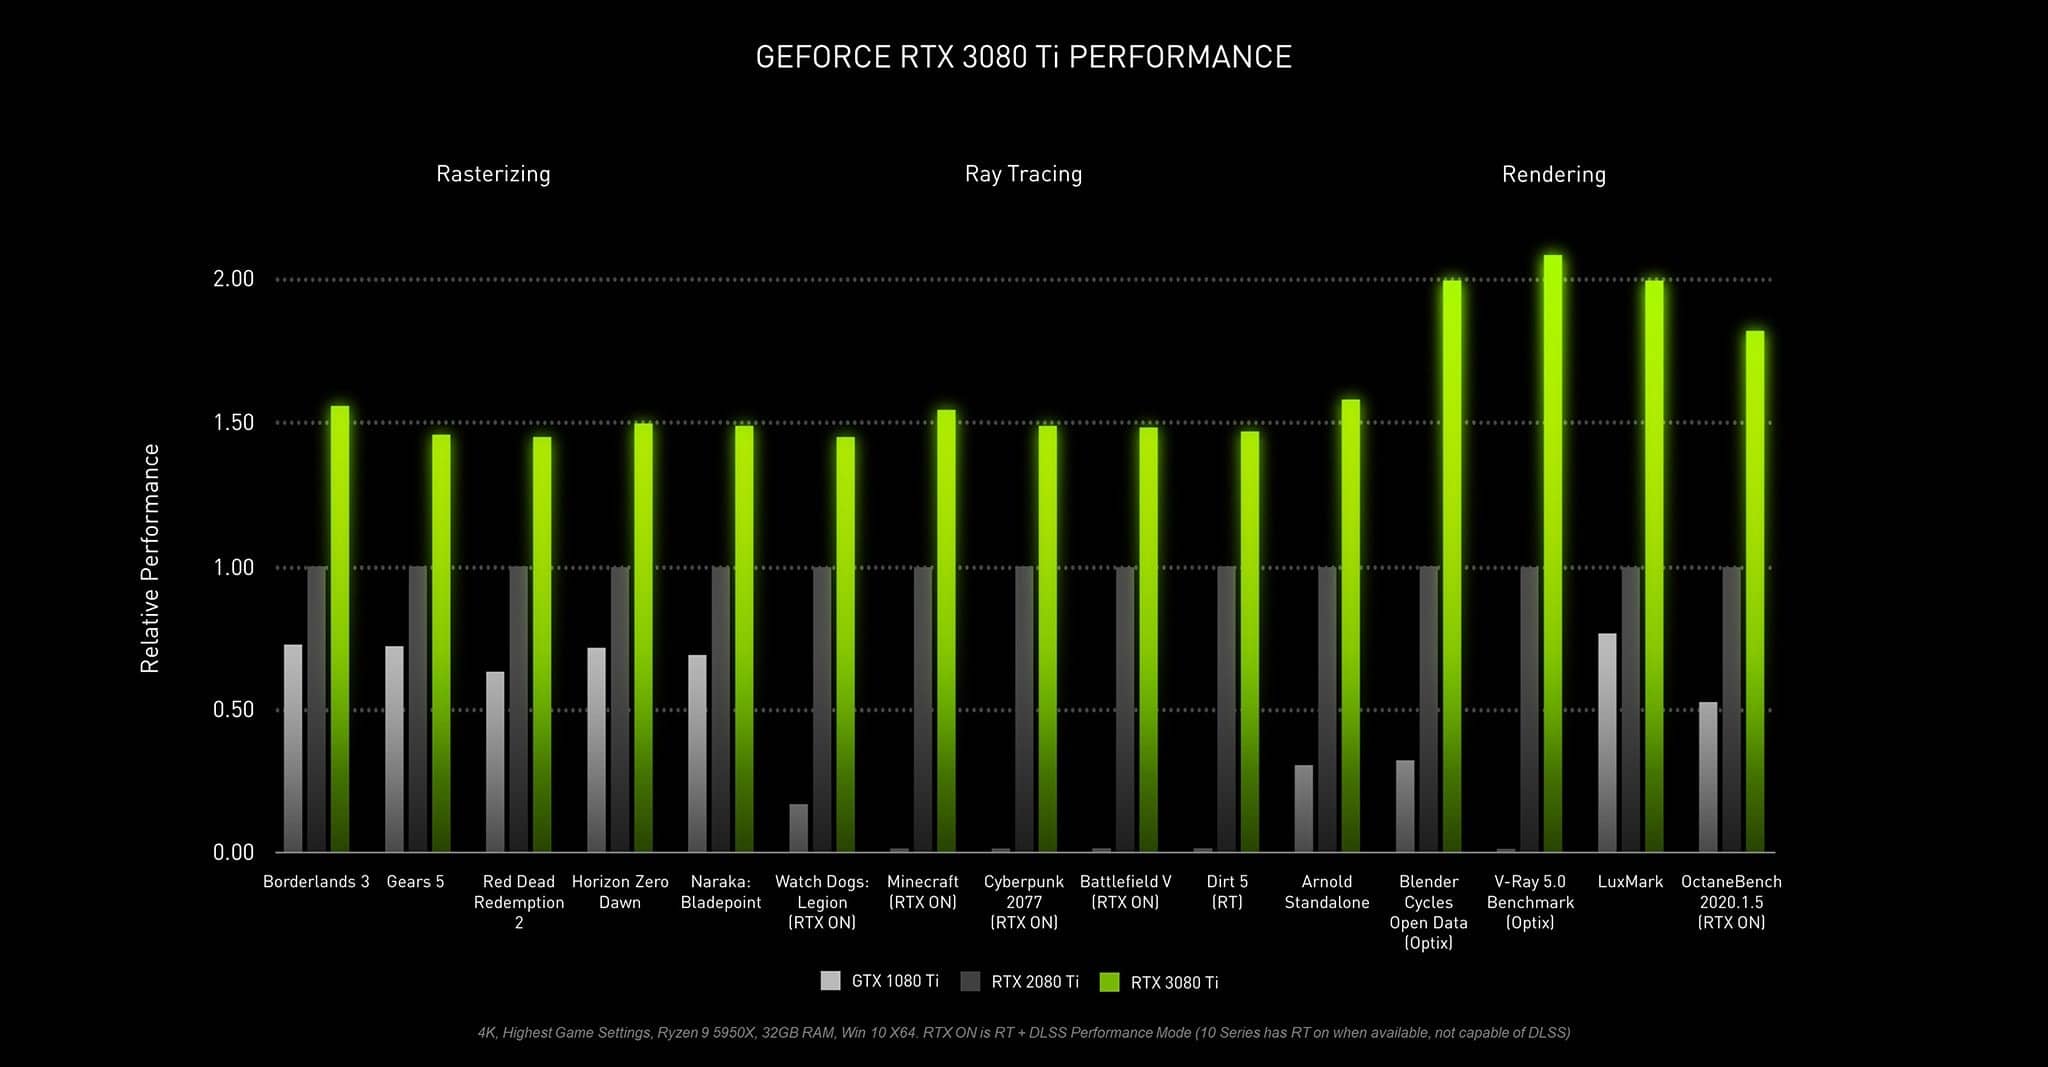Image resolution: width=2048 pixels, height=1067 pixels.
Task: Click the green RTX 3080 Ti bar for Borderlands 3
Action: pyautogui.click(x=340, y=630)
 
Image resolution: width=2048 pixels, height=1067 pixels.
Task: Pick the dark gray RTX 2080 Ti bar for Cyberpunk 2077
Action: pyautogui.click(x=1024, y=710)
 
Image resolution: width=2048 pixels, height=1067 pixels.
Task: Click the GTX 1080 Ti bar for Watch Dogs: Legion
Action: pyautogui.click(x=798, y=828)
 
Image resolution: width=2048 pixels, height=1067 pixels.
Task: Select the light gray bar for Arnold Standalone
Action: pyautogui.click(x=1303, y=809)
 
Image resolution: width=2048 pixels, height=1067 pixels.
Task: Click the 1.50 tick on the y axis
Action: pyautogui.click(x=234, y=423)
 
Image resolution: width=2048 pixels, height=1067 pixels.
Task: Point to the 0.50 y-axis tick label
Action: pyautogui.click(x=234, y=710)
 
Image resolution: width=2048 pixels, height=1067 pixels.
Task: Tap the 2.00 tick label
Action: pyautogui.click(x=234, y=279)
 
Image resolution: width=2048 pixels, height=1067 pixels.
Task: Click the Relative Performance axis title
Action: pyautogui.click(x=150, y=558)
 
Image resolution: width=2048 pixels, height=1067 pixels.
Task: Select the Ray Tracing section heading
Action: pyautogui.click(x=1023, y=174)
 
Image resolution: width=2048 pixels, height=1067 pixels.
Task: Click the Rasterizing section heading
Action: pyautogui.click(x=493, y=174)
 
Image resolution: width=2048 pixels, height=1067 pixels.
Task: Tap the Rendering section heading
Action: pyautogui.click(x=1553, y=174)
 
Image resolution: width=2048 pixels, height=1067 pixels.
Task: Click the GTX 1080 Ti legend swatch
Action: pyautogui.click(x=830, y=981)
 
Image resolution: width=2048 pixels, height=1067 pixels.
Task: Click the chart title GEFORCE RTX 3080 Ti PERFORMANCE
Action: pyautogui.click(x=1023, y=57)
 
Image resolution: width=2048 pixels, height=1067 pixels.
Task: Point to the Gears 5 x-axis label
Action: pyautogui.click(x=415, y=882)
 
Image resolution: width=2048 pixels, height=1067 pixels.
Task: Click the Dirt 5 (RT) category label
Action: pyautogui.click(x=1227, y=891)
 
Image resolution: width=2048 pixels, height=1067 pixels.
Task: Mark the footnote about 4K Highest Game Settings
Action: pyautogui.click(x=1023, y=1032)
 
